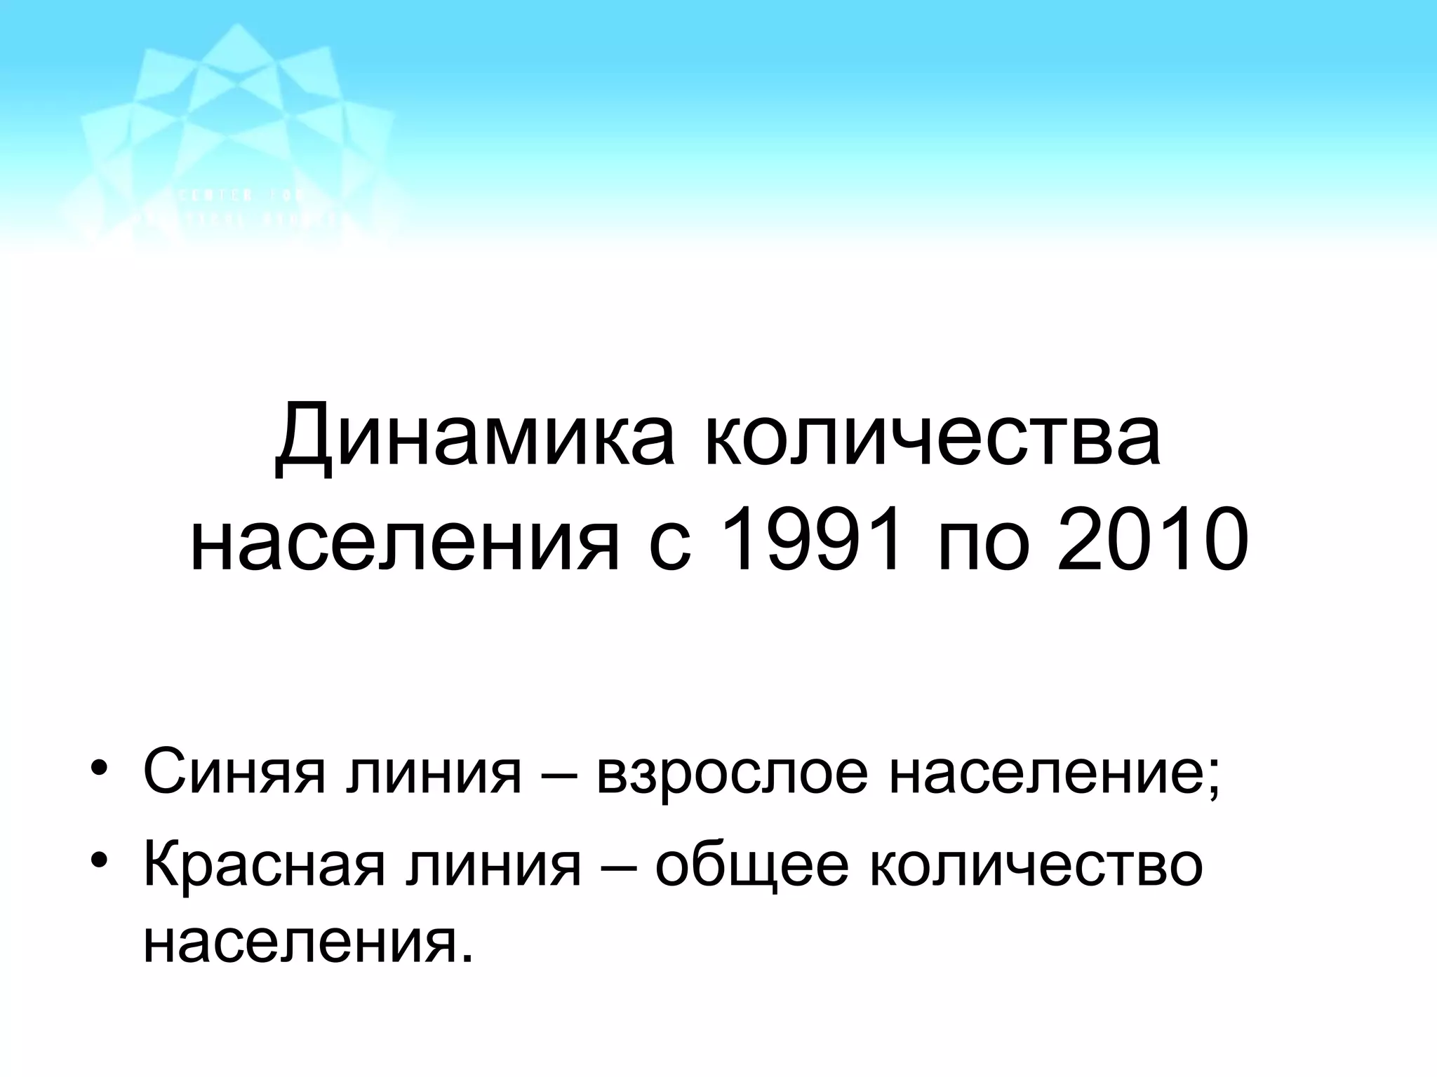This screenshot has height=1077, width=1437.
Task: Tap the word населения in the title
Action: click(x=405, y=541)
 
